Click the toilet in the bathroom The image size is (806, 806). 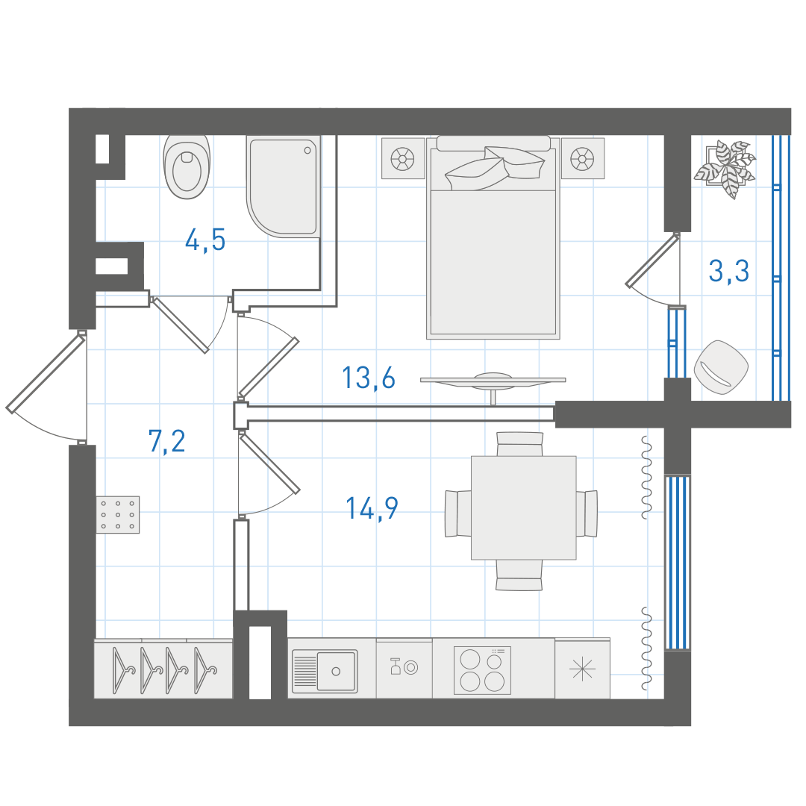coord(187,166)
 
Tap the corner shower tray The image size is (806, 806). coord(284,186)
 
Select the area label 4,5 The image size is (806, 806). coord(205,240)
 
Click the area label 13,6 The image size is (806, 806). coord(369,378)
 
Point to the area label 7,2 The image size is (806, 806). coord(166,441)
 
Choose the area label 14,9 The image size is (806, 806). coord(372,508)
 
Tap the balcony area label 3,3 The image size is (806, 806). coord(729,271)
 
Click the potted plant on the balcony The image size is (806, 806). coord(725,169)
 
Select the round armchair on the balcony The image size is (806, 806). coord(721,367)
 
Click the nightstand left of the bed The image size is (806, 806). coord(403,157)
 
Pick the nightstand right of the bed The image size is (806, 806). coord(582,157)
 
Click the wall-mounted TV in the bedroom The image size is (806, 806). coord(493,384)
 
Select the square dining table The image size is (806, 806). coord(523,508)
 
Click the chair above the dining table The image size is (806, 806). coord(519,443)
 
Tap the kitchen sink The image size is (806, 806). coord(325,670)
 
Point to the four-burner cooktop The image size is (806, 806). coord(482,669)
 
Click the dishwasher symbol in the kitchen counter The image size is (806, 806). coord(404,668)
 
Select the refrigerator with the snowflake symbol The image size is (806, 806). coord(582,669)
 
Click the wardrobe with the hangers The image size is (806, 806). coord(163,669)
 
